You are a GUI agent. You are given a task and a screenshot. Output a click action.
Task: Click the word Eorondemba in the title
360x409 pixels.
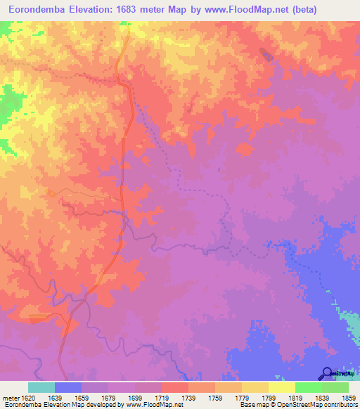(x=37, y=9)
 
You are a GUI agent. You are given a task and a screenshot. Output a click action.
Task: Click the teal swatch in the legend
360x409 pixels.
(x=41, y=387)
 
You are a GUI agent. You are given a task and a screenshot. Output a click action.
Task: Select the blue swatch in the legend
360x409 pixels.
(x=68, y=387)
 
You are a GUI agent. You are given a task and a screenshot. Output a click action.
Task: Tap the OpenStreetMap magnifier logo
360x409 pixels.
(x=327, y=372)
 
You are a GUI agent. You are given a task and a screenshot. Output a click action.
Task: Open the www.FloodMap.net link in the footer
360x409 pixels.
(x=150, y=405)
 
